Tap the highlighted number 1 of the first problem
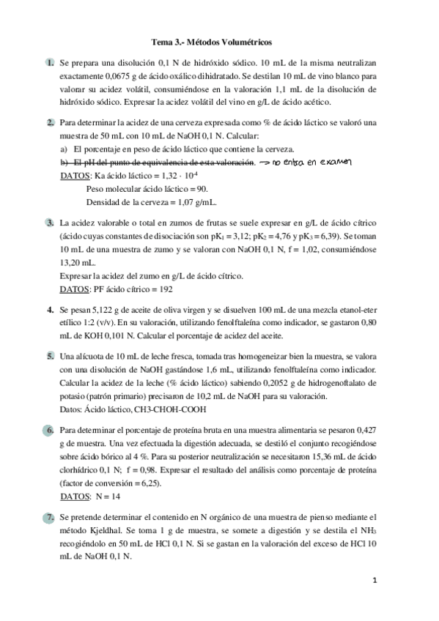49,64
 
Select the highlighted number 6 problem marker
49,430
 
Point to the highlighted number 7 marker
49,518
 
